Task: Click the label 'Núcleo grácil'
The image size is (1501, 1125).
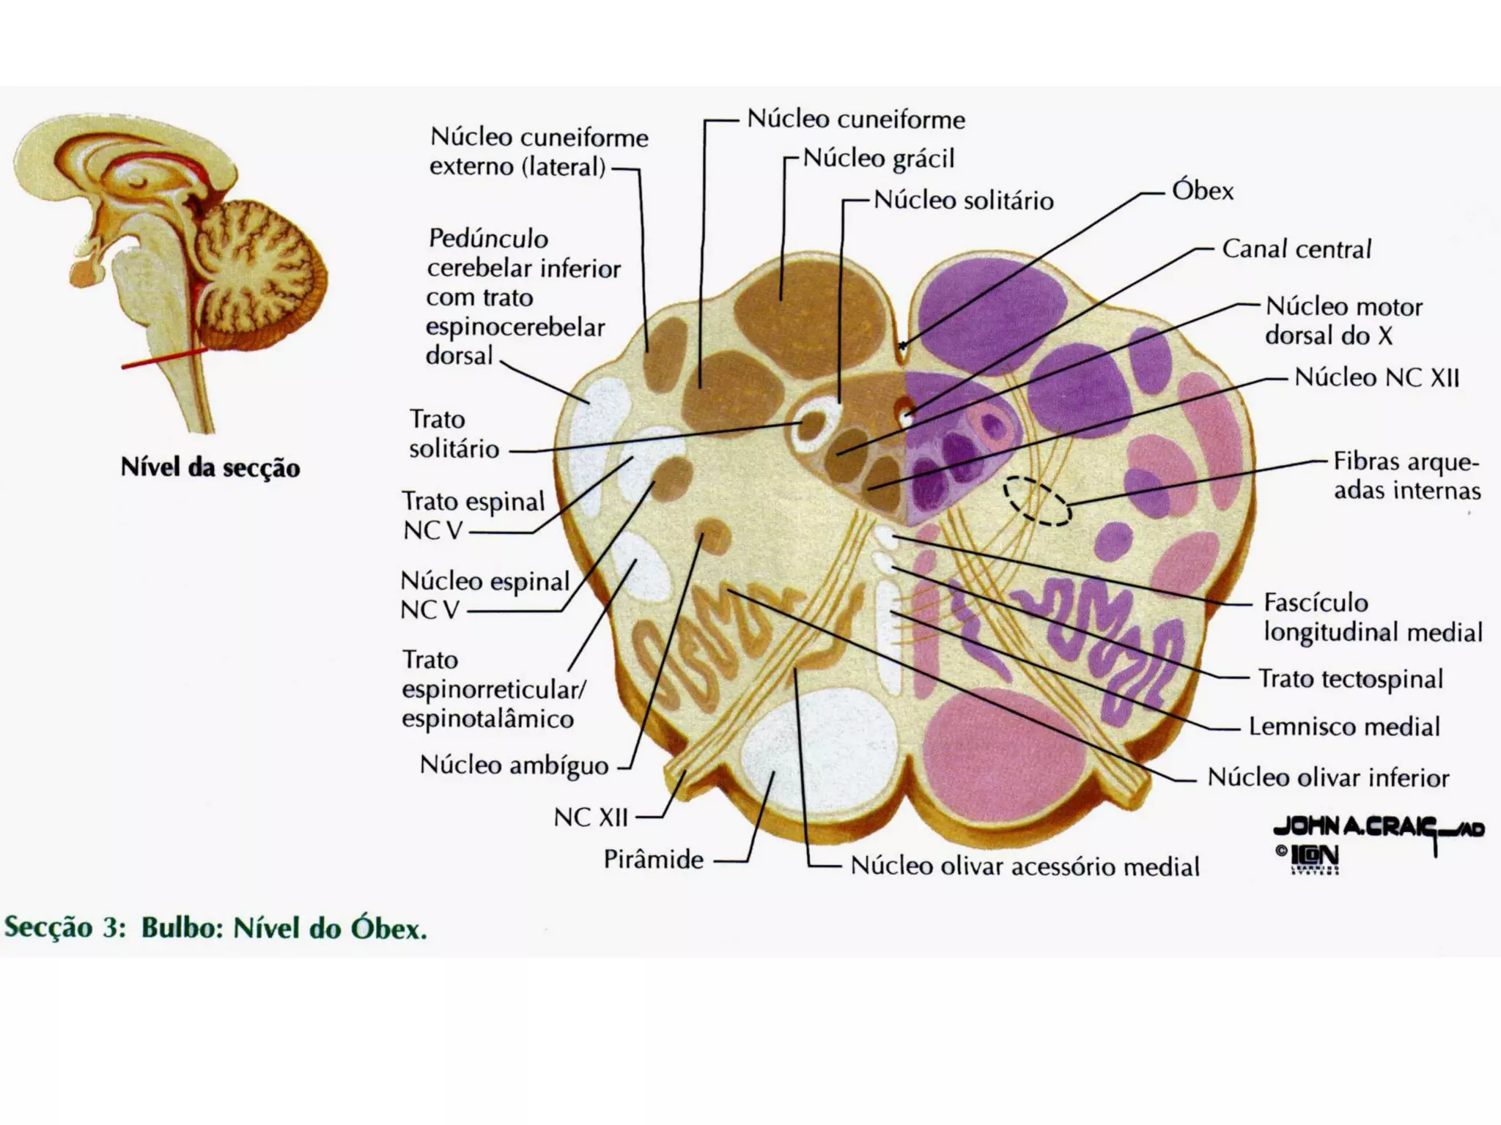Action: [879, 159]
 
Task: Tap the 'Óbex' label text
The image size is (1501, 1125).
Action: [1202, 191]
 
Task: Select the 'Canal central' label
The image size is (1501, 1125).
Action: [1296, 249]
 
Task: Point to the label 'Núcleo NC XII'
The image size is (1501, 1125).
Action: [1376, 377]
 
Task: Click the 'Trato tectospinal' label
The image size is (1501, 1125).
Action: [1350, 679]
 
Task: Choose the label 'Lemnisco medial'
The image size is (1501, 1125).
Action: [1344, 727]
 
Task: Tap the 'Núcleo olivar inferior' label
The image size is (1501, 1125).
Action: [1328, 777]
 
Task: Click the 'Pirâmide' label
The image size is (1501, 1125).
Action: [653, 859]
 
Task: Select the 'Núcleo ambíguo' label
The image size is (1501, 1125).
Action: [514, 765]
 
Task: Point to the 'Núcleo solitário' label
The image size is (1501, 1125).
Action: [963, 200]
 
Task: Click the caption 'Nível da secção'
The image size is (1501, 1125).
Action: [210, 467]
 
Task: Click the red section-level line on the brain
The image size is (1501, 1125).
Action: [165, 357]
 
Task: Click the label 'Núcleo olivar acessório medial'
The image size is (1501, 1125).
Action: [1025, 866]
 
